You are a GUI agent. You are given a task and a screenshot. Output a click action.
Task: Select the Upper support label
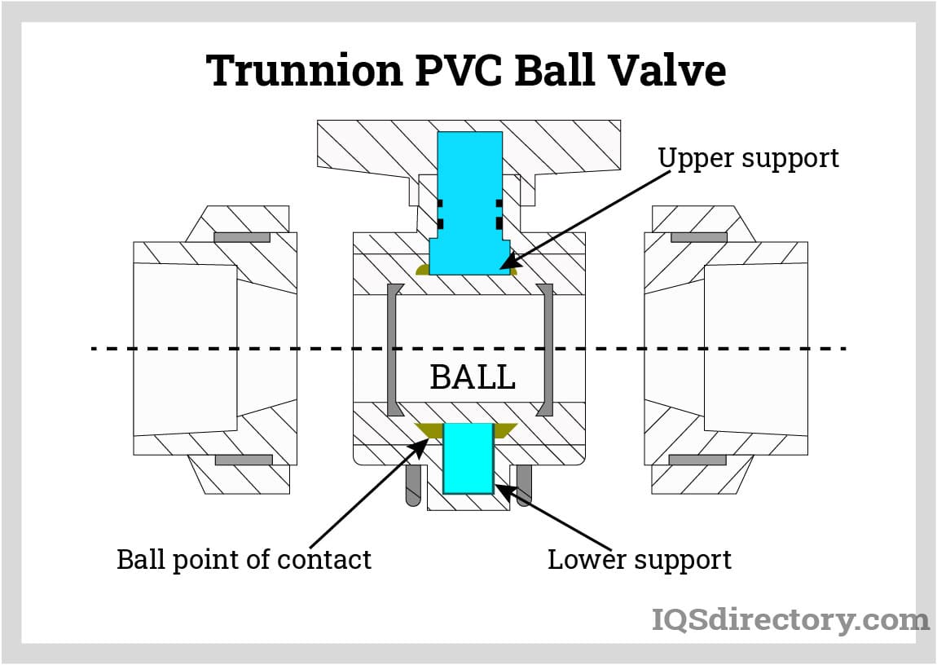(748, 157)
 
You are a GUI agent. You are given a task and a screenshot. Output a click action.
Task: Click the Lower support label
(639, 560)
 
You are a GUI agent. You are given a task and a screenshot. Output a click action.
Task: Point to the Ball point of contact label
(244, 560)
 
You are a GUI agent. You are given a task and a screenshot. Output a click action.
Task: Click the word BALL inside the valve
(473, 377)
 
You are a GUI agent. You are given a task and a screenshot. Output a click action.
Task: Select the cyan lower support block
(468, 458)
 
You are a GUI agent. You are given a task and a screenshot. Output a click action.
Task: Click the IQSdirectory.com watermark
(790, 620)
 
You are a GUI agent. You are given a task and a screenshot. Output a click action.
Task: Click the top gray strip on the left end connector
(242, 238)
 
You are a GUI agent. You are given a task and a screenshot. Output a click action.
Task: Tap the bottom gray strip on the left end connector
(244, 460)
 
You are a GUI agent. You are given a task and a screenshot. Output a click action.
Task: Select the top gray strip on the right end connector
(698, 238)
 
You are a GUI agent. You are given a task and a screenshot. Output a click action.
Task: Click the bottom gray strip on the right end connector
(697, 460)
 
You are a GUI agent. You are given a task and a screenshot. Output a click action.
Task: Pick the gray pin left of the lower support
(413, 485)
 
